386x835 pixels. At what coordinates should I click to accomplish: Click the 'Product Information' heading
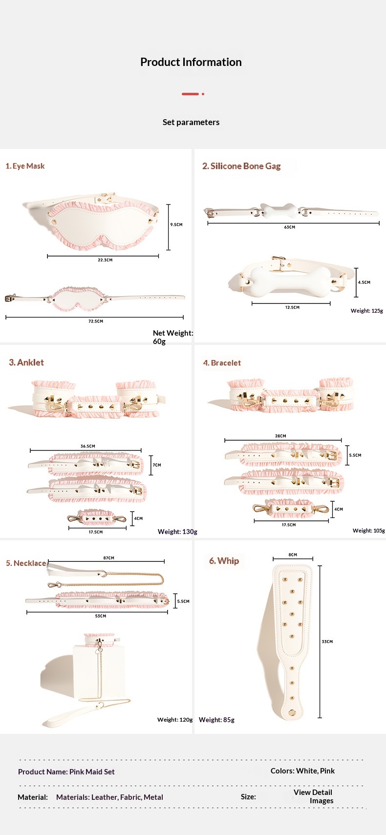coord(191,62)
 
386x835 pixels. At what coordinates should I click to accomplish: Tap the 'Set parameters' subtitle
coord(191,122)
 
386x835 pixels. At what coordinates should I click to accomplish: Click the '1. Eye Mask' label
coord(25,166)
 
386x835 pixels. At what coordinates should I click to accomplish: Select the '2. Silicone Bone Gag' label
coord(241,166)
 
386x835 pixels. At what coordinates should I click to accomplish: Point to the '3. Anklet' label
coord(26,363)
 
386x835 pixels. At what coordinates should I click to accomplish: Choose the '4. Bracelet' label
coord(222,363)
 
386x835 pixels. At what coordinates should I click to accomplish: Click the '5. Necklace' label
coord(26,563)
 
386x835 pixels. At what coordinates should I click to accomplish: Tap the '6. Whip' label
coord(224,561)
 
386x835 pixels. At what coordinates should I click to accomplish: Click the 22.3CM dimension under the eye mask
coord(105,260)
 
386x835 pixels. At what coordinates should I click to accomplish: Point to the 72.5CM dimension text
coord(96,321)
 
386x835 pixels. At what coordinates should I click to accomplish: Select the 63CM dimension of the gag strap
coord(290,227)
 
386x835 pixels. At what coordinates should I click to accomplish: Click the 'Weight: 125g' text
coord(366,311)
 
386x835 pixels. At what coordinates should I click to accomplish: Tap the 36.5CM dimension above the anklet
coord(88,446)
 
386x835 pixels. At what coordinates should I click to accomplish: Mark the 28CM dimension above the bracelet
coord(280,436)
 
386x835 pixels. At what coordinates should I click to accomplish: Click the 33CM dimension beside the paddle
coord(327,642)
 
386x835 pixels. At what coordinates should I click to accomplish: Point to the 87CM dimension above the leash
coord(109,558)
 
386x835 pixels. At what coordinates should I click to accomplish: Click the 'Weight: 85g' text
coord(216,720)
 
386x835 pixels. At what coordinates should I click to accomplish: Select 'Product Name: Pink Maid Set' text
coord(66,772)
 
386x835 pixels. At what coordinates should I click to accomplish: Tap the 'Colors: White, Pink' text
coord(302,771)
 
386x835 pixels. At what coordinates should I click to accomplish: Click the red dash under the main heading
coord(191,94)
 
